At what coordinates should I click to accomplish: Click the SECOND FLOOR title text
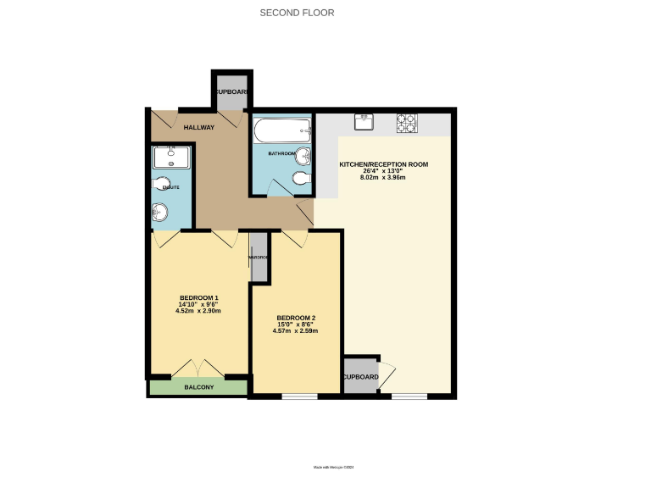coord(297,13)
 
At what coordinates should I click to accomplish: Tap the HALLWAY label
coord(199,127)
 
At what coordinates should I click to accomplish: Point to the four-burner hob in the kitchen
coord(406,124)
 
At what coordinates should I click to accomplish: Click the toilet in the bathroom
coord(298,178)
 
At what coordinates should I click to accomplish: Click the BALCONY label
coord(199,387)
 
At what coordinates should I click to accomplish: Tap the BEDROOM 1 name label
coord(199,297)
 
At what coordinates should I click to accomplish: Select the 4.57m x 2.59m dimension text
coord(295,331)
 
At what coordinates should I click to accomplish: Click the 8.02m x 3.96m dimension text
coord(383,177)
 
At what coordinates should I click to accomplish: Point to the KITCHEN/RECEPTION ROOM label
coord(383,164)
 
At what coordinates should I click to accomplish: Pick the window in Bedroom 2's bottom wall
coord(298,396)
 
